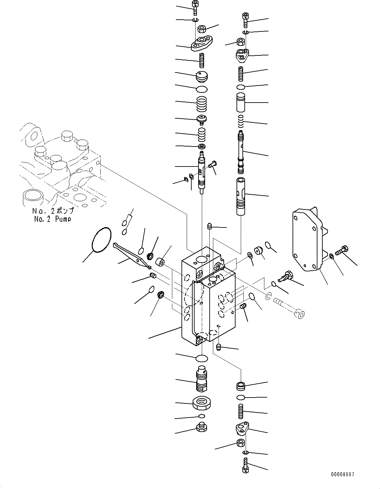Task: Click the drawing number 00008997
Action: pos(342,474)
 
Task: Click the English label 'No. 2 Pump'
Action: pos(52,219)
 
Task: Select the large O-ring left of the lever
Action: pos(102,240)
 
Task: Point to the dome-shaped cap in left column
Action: pos(201,77)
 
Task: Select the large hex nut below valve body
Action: pos(201,402)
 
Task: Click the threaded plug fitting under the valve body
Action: pos(201,380)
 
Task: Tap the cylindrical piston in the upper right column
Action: pos(241,103)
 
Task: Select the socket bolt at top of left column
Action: pos(195,7)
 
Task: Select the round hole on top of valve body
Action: pos(201,260)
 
